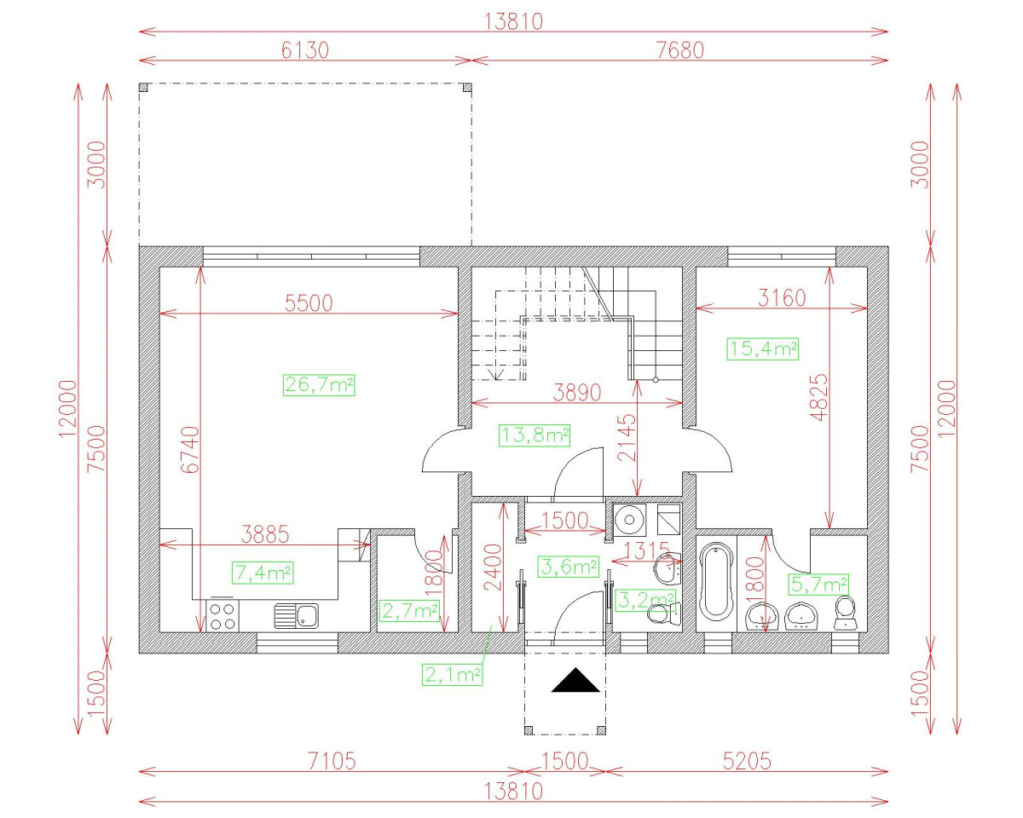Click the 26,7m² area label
point(319,385)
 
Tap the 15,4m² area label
point(762,349)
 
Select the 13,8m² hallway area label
point(535,435)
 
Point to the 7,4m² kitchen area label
point(263,573)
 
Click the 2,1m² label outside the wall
point(452,675)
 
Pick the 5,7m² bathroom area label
point(818,585)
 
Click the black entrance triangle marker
point(575,680)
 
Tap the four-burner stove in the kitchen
point(223,616)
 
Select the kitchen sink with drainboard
point(296,616)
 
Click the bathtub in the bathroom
point(716,585)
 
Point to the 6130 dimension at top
point(304,50)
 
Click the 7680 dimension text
point(679,50)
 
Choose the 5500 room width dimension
point(309,303)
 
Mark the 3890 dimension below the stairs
point(577,393)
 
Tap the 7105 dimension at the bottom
point(332,762)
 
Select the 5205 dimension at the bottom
point(747,762)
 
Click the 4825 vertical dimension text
point(818,397)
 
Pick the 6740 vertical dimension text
point(191,450)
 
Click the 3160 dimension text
point(782,298)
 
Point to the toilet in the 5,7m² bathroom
point(845,613)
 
